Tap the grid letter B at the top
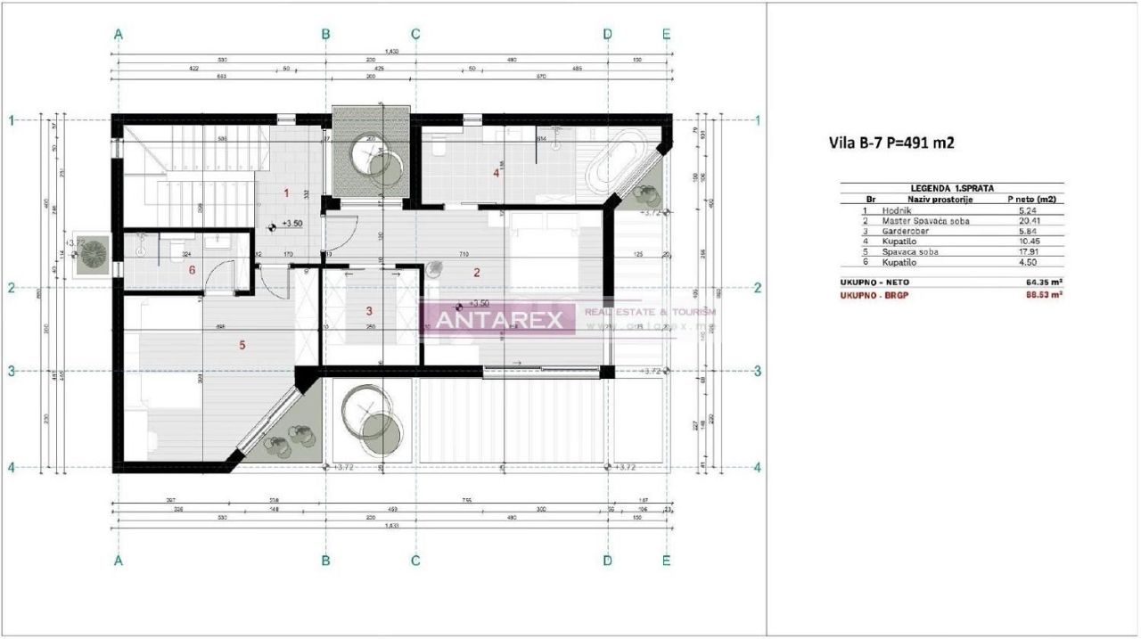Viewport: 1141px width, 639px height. [326, 34]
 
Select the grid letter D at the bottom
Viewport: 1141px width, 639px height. [607, 561]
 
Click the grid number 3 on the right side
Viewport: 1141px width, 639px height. [757, 371]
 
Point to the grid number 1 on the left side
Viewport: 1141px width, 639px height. [12, 119]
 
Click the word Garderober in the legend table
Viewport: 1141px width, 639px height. [906, 231]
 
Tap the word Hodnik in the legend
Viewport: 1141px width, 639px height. [896, 210]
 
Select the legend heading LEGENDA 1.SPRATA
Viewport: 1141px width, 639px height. [951, 188]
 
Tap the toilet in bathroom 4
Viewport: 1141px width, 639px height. [438, 151]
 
